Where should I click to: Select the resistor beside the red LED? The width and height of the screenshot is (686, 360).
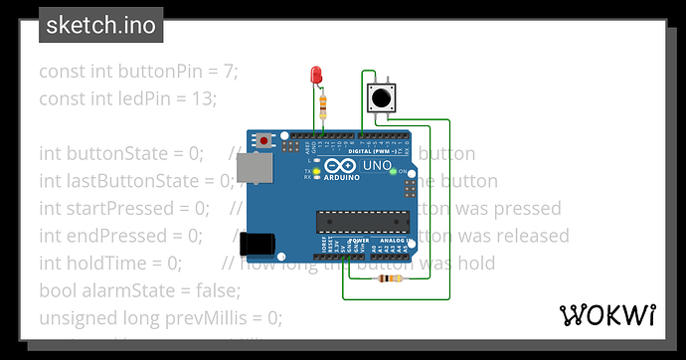pyautogui.click(x=326, y=103)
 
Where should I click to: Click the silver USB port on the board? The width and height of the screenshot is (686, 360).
pyautogui.click(x=257, y=173)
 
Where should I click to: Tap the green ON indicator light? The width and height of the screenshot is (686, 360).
pyautogui.click(x=394, y=172)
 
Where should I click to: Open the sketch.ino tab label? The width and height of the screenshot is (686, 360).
pyautogui.click(x=101, y=25)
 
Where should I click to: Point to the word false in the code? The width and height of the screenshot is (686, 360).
pyautogui.click(x=219, y=290)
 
